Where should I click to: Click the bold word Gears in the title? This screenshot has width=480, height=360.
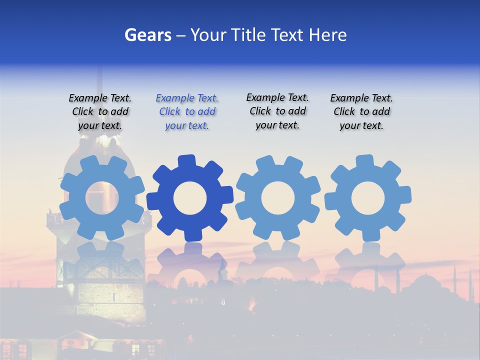coord(147,35)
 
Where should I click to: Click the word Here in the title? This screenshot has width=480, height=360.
coord(327,35)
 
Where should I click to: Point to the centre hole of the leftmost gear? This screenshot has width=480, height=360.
coord(102,198)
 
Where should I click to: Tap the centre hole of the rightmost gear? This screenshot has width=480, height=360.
coord(367,198)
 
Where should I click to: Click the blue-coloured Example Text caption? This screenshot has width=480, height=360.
coord(187,112)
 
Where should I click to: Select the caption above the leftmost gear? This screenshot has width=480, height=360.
coord(100,112)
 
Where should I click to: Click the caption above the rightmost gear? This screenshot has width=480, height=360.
coord(361,112)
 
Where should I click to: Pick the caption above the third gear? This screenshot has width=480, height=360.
coord(277,111)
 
